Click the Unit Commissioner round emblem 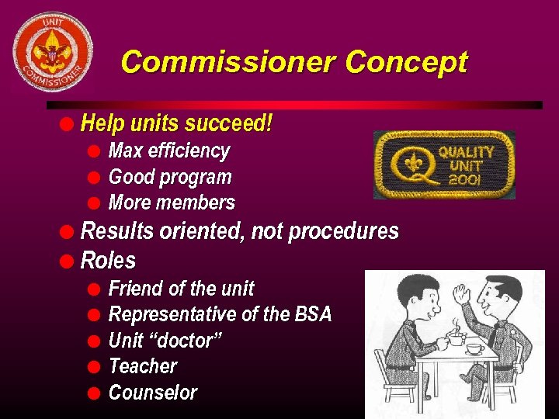coord(52,51)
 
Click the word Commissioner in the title coord(228,61)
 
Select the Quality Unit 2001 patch coord(444,164)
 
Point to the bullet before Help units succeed coord(69,123)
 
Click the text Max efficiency coord(169,151)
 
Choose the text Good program coord(170,177)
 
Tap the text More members coord(172,203)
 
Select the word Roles coord(108,260)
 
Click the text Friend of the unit coord(181,289)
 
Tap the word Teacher coord(143,366)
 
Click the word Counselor coord(153,393)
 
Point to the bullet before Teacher coord(94,366)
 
